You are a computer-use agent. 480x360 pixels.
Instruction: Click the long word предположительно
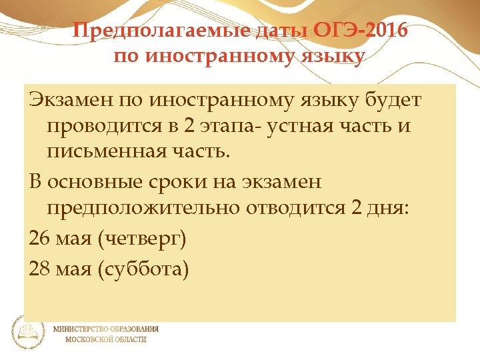click(x=144, y=207)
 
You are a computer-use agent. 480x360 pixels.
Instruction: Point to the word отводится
click(x=296, y=207)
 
